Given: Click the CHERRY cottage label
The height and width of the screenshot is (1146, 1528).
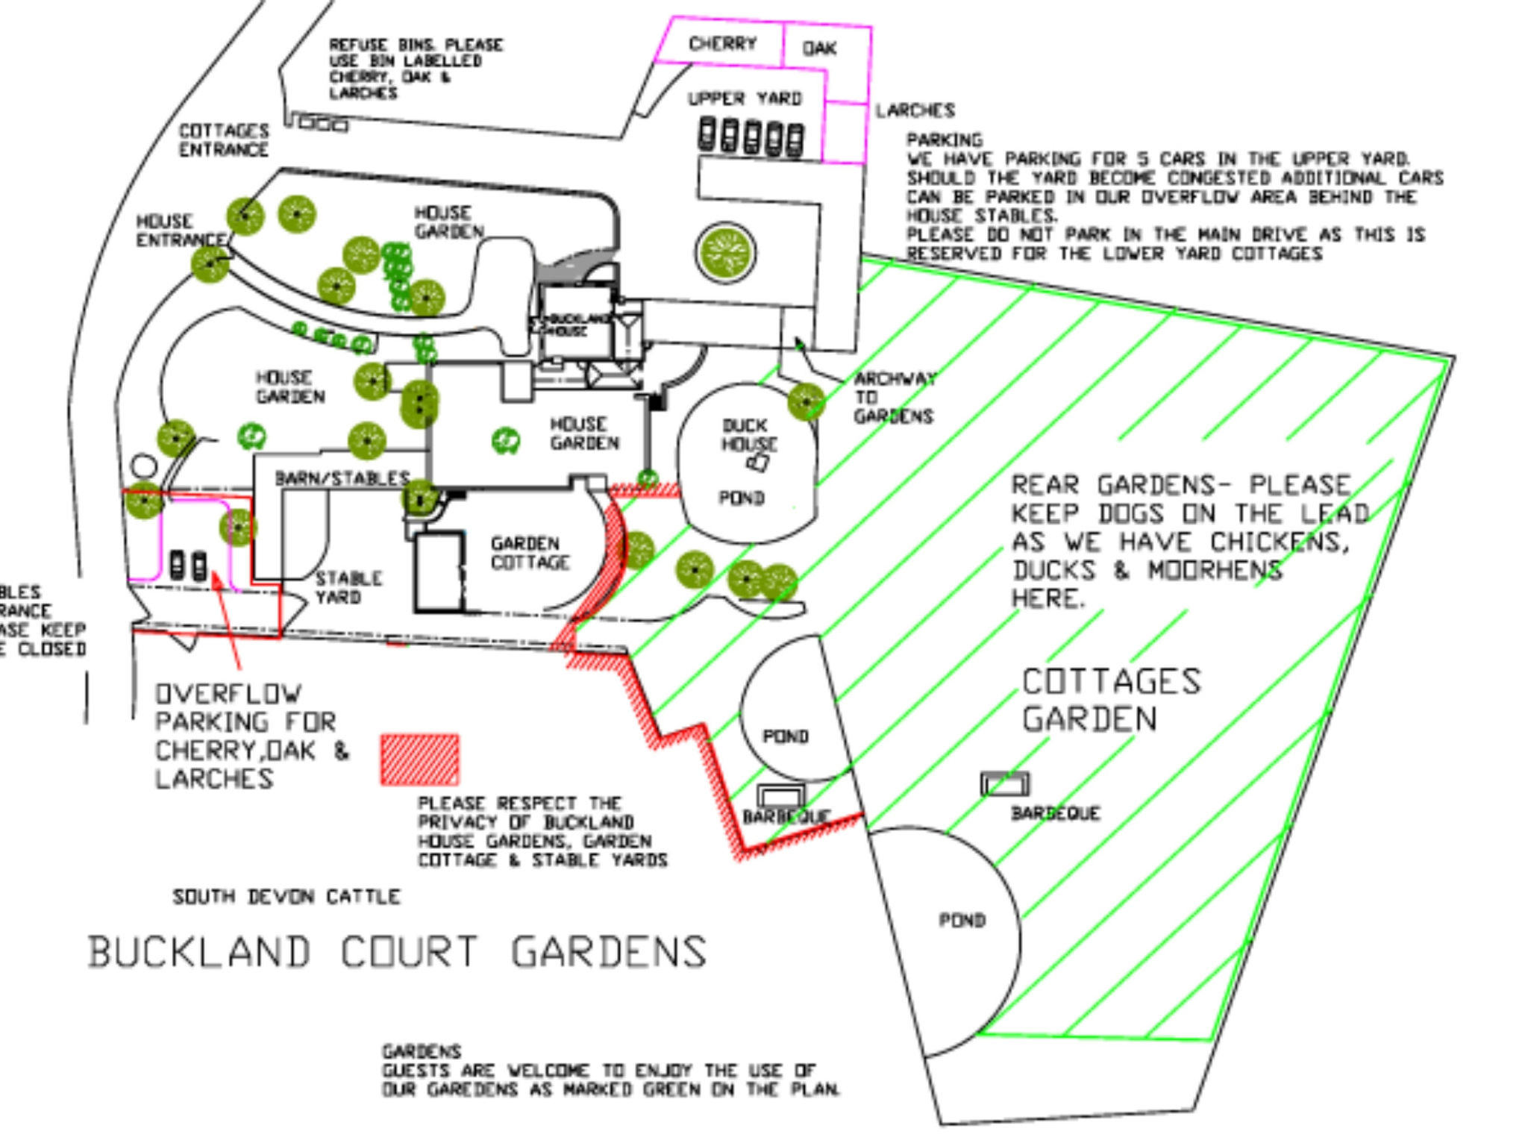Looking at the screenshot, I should (x=722, y=43).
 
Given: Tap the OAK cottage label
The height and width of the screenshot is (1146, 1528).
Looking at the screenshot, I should (x=819, y=48).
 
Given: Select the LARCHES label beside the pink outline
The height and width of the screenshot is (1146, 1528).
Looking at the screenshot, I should (x=915, y=110).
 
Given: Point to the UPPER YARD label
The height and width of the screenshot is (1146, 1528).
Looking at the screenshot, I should (x=745, y=98).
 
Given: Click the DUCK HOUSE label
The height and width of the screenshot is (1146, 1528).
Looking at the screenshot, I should (x=749, y=435).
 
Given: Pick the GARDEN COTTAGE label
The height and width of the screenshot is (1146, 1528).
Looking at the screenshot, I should (x=530, y=553).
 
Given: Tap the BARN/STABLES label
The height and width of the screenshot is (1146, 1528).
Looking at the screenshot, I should (x=342, y=478).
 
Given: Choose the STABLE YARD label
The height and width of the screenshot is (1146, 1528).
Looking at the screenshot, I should (x=348, y=588).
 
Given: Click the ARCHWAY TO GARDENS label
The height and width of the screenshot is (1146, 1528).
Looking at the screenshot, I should (x=894, y=398).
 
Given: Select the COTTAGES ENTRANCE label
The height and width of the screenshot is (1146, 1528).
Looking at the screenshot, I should (x=223, y=140).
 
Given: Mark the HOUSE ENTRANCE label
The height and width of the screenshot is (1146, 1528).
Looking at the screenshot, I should (x=179, y=231).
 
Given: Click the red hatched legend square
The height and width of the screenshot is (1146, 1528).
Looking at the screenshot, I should (x=419, y=760).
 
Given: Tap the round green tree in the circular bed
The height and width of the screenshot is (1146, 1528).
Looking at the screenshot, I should (x=724, y=252).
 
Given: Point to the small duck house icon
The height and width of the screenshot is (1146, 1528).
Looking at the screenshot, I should (x=757, y=463).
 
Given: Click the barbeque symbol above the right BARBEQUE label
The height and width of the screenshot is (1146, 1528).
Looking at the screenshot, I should (x=1004, y=783).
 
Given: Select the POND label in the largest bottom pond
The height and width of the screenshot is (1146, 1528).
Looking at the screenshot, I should (x=962, y=920).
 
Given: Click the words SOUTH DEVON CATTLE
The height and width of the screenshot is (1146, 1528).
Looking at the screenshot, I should (x=286, y=896).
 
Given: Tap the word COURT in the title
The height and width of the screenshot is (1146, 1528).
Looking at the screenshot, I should (x=409, y=952).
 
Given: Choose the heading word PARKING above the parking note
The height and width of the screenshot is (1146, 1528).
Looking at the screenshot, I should (x=945, y=140).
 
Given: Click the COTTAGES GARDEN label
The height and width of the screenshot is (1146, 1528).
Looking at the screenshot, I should (x=1110, y=700).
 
